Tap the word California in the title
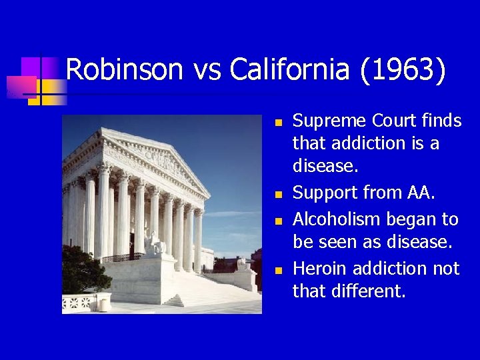coord(290,69)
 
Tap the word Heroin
coord(320,268)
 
